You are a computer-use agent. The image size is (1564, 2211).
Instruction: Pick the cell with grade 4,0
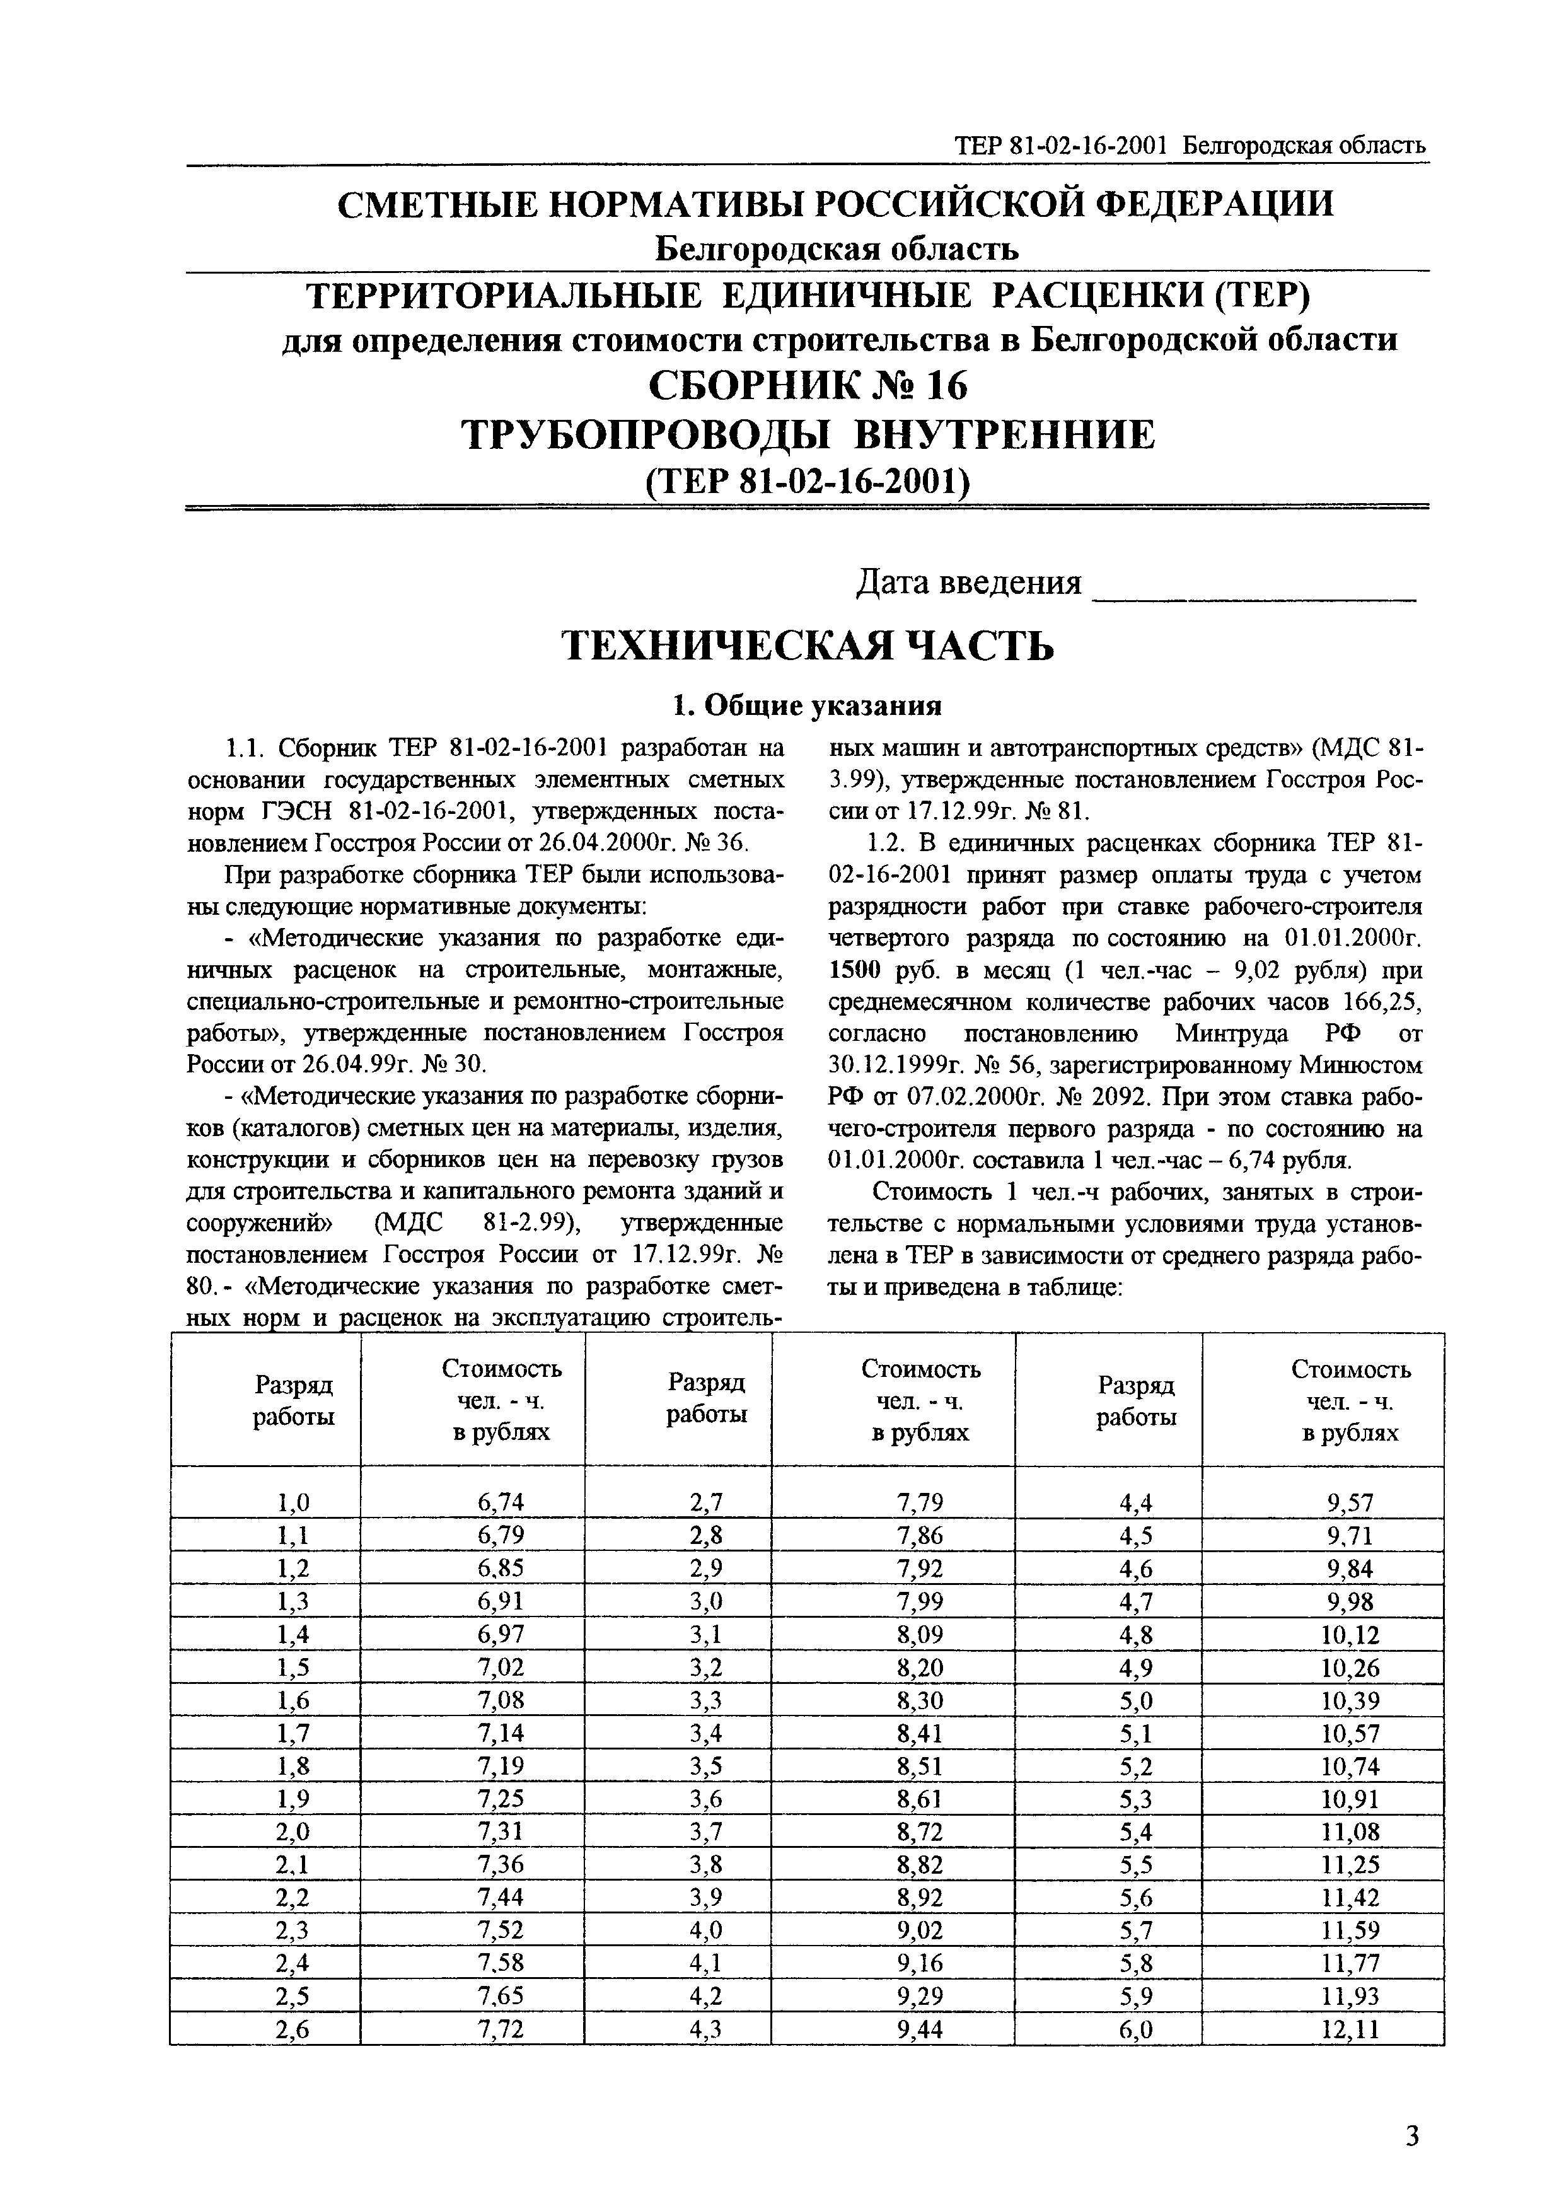coord(706,1930)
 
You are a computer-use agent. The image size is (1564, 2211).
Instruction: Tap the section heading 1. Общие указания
coord(807,706)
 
